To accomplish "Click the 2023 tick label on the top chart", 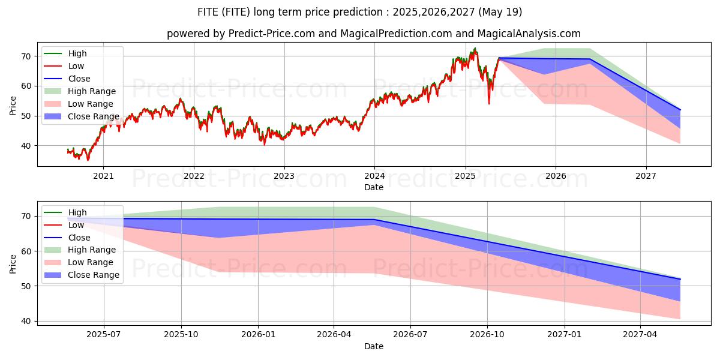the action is tap(284, 176).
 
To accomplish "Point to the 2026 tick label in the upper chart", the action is tap(556, 176).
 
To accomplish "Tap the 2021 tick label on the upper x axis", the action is tap(103, 176).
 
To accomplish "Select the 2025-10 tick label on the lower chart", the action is tap(181, 335).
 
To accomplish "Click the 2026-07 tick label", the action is tap(410, 335).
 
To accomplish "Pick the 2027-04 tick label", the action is tap(640, 335).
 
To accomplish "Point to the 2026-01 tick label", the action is tap(258, 335).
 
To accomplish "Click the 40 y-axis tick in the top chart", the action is tap(26, 146).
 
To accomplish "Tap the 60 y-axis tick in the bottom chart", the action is tap(26, 251).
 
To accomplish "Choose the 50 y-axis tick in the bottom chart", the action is tap(26, 286).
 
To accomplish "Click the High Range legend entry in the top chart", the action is tap(80, 91).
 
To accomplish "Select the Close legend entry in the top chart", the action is tap(67, 79).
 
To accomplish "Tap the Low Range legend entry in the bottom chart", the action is tap(79, 262).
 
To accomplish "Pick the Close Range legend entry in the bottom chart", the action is tap(82, 275).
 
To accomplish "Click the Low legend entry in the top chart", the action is tap(64, 66).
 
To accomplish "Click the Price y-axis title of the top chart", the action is tap(13, 106).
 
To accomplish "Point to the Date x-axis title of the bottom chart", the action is tap(374, 347).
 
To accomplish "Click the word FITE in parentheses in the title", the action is tap(236, 12).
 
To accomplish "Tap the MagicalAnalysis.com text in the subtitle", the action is tap(529, 34).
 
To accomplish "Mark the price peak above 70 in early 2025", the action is tap(475, 48).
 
